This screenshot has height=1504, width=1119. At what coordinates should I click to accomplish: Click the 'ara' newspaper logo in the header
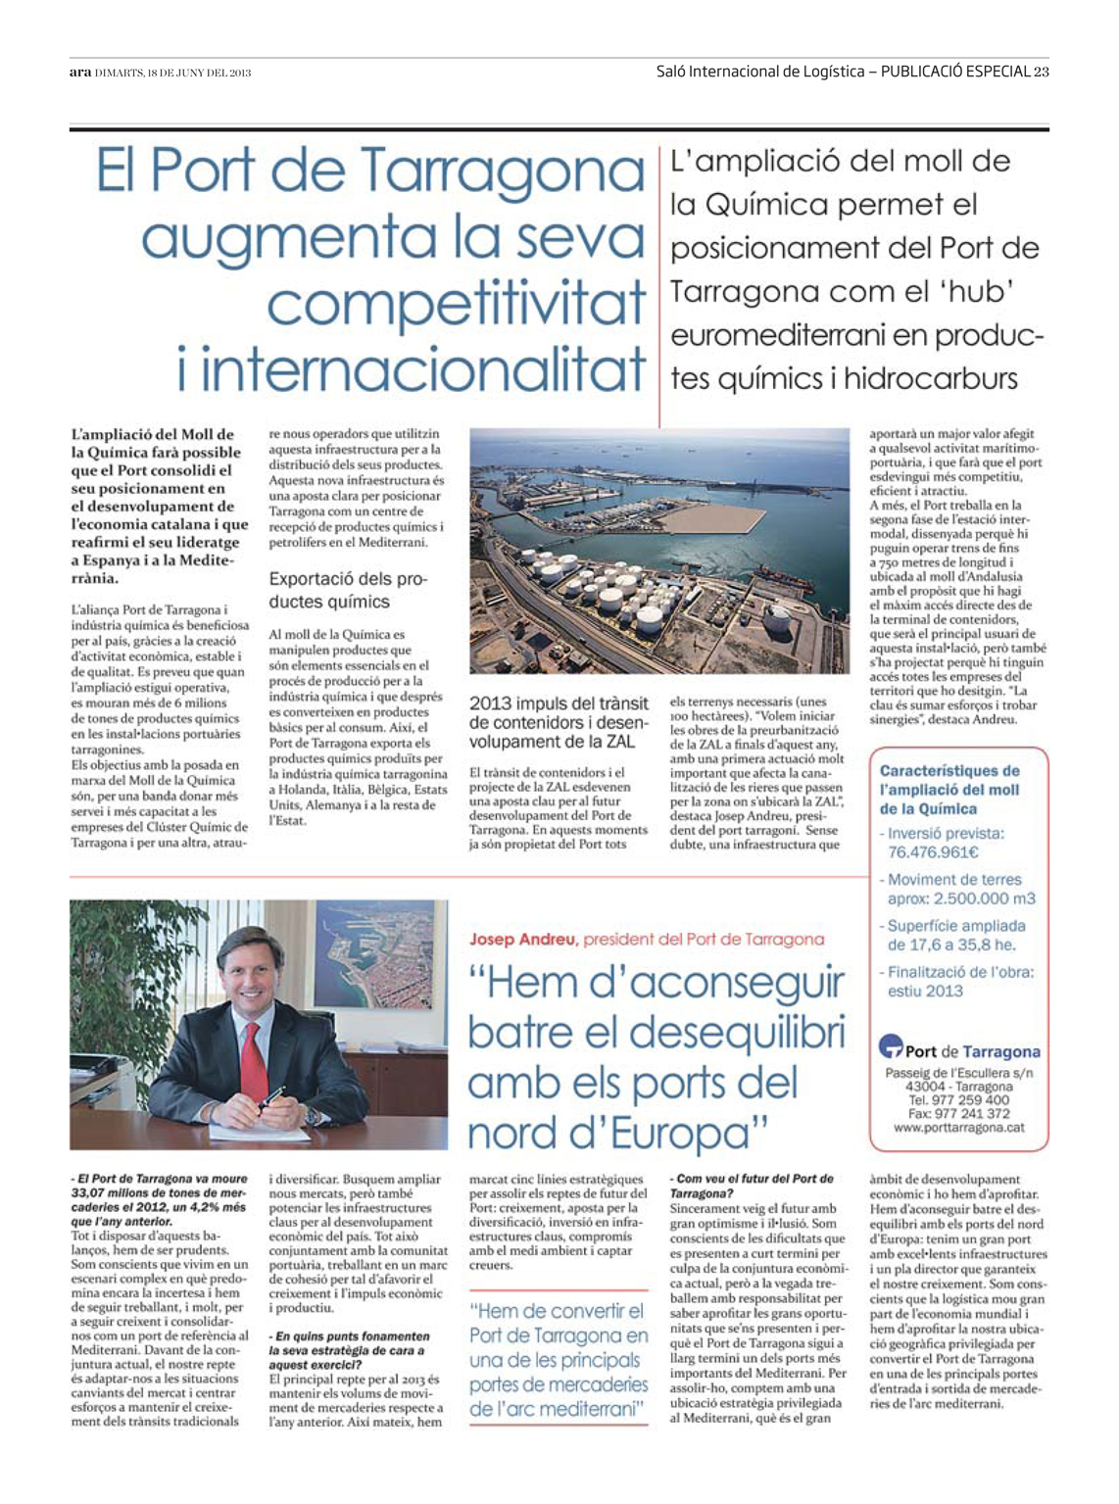click(x=79, y=72)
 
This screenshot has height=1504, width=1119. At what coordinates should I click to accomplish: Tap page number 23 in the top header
click(x=1041, y=71)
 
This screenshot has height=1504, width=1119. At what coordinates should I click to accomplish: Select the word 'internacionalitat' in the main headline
click(x=411, y=368)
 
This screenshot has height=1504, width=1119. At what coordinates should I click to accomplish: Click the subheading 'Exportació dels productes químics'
click(x=348, y=590)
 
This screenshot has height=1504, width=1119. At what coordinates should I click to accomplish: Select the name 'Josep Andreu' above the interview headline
click(x=522, y=939)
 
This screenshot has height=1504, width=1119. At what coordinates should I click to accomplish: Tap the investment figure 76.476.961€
click(x=934, y=852)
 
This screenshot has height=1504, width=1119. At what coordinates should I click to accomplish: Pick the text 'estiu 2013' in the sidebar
click(x=925, y=991)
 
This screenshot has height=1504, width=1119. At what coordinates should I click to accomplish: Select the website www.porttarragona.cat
click(x=958, y=1128)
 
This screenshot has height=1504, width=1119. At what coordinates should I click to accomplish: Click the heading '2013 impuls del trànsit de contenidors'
click(x=559, y=721)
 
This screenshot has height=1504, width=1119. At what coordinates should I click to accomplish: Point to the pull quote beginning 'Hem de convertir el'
click(x=559, y=1359)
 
